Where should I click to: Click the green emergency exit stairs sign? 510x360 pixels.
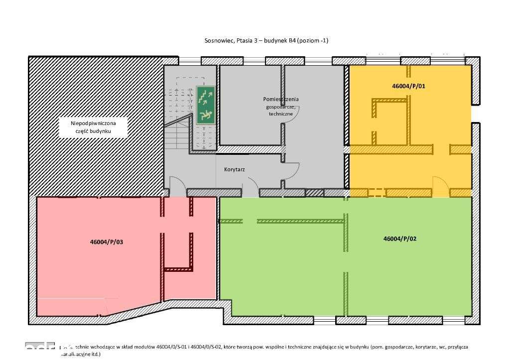[205, 105]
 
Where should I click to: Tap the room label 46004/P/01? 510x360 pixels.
[408, 86]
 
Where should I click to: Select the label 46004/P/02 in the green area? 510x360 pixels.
[399, 239]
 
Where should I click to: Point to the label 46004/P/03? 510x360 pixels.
[106, 242]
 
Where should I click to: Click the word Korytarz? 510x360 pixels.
[234, 169]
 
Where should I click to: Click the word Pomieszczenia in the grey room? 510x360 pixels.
[281, 99]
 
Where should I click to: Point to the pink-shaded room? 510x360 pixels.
[100, 279]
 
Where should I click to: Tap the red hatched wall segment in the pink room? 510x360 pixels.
[178, 269]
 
